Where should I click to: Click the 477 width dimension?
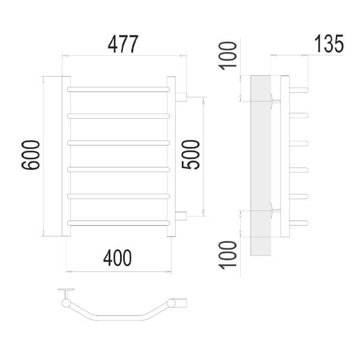click(123, 44)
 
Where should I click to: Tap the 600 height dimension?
click(31, 155)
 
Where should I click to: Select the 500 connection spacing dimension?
click(191, 155)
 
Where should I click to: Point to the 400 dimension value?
click(118, 257)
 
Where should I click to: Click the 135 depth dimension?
click(329, 44)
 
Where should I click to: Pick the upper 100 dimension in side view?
click(228, 56)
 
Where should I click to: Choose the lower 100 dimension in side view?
click(228, 255)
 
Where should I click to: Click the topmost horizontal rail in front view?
click(118, 89)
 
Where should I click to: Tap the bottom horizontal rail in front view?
click(118, 223)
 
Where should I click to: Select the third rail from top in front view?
click(118, 143)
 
